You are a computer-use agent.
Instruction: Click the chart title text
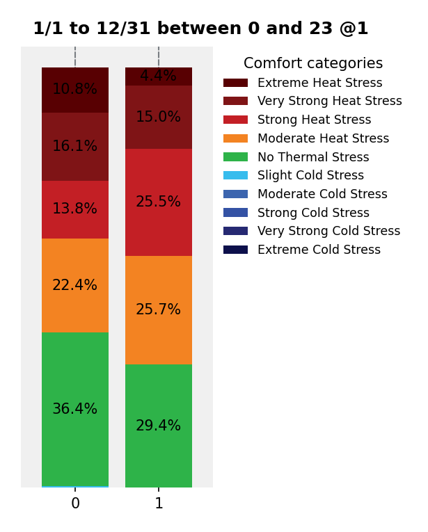pos(200,29)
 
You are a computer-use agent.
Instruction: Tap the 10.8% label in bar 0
pos(75,90)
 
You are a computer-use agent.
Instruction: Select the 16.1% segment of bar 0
pos(75,147)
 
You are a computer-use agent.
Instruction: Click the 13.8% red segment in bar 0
pos(75,209)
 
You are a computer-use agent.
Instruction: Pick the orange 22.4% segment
pos(75,286)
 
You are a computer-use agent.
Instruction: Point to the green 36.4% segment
pos(75,410)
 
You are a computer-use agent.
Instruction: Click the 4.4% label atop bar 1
pos(159,76)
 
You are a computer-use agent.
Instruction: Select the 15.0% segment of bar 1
pos(159,117)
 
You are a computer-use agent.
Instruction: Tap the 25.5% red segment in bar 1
pos(159,202)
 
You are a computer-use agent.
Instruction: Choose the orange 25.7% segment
pos(159,310)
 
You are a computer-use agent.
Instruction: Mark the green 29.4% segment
pos(159,426)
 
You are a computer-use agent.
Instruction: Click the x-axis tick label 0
pos(75,504)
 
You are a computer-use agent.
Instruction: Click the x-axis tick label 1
pos(159,504)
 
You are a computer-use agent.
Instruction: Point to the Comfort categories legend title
pos(313,64)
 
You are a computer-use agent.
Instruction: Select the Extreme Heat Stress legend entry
pos(319,83)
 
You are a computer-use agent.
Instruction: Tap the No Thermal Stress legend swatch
pos(235,158)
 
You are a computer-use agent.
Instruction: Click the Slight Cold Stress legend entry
pos(310,176)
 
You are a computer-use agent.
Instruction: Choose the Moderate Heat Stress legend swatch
pos(235,139)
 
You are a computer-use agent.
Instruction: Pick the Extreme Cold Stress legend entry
pos(319,250)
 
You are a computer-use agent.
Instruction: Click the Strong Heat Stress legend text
pos(314,120)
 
